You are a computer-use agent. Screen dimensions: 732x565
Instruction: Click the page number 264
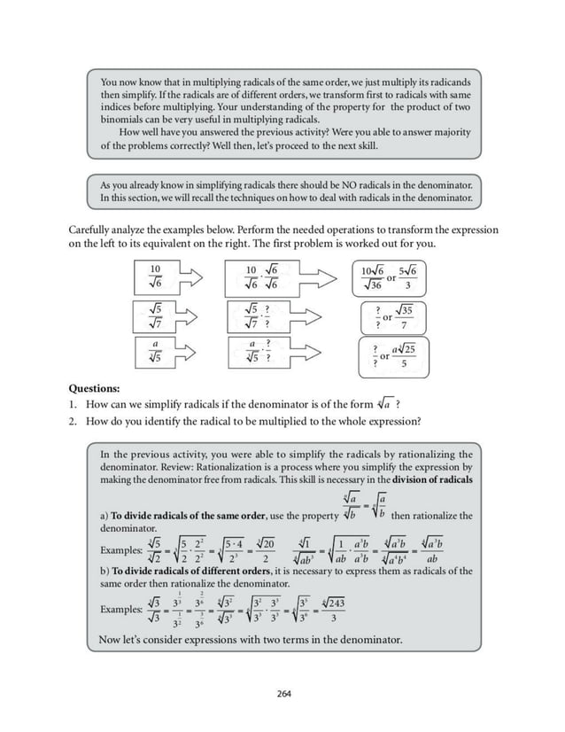pos(282,693)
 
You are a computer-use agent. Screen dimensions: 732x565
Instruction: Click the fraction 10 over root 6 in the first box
pos(156,277)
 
